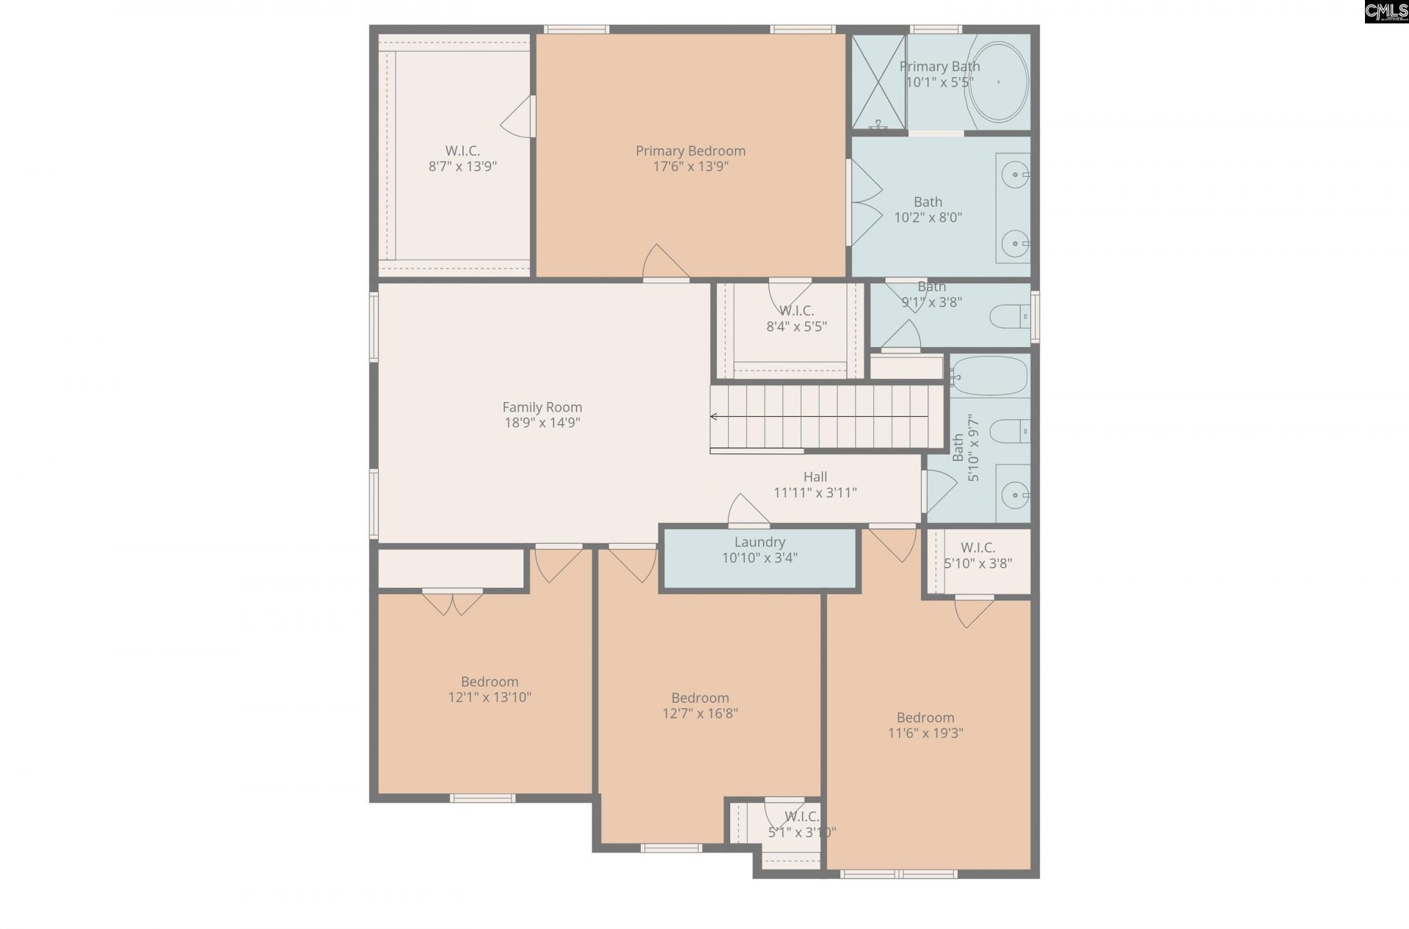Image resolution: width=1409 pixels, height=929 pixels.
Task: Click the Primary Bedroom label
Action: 691,150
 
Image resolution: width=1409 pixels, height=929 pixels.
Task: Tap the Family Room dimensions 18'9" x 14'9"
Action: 542,423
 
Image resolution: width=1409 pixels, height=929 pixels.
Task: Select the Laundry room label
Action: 760,542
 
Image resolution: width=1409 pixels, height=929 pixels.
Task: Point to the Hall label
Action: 815,477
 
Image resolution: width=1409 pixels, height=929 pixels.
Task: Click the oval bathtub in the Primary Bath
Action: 999,82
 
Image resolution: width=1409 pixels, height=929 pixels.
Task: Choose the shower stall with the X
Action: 878,81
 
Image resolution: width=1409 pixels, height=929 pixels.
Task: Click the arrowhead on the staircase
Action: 713,417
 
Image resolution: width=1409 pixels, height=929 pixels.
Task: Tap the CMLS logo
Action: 1386,12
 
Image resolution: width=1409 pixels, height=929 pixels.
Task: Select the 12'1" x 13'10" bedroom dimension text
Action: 489,697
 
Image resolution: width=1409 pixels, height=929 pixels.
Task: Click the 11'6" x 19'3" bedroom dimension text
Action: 925,733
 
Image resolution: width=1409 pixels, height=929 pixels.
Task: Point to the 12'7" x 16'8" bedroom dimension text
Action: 700,713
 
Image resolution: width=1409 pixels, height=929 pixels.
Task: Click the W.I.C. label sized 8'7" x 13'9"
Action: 462,150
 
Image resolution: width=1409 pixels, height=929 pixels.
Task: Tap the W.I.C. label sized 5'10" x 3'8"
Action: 977,547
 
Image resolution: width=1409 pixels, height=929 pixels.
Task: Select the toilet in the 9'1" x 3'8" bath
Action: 1010,318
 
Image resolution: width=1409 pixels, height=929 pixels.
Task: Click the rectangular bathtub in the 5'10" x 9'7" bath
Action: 989,376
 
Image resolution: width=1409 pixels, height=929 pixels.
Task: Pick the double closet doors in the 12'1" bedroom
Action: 453,602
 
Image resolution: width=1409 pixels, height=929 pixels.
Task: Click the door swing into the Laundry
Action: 749,511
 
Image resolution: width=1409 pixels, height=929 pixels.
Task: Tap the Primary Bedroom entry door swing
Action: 666,262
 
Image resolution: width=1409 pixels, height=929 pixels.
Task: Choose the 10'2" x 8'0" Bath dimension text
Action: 928,217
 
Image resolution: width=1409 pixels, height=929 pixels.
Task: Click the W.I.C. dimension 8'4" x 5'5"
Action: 796,327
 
